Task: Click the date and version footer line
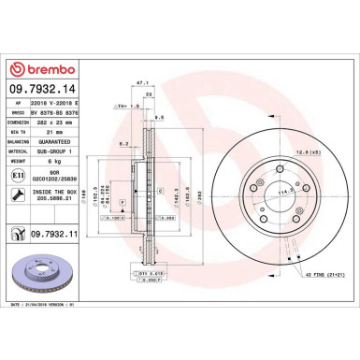(x=47, y=304)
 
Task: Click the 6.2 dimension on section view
(x=123, y=144)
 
